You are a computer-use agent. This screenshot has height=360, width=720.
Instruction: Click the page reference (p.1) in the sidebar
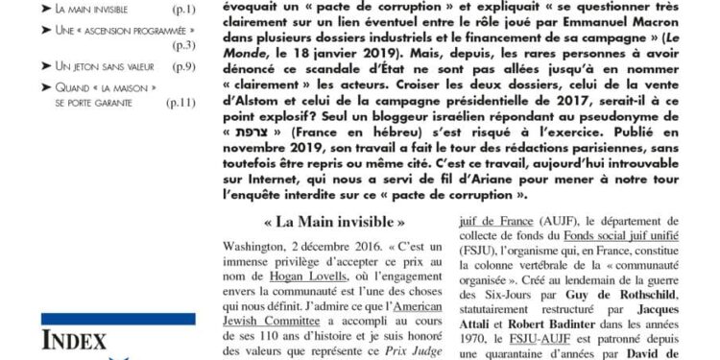coord(183,10)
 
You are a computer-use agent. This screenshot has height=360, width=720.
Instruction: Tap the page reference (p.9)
coord(183,66)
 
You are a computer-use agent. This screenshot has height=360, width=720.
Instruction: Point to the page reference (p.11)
coord(180,104)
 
